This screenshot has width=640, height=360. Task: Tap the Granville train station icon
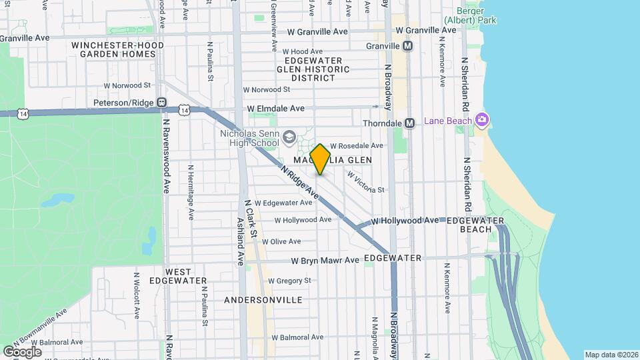[x=408, y=46]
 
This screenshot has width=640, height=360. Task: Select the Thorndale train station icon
[x=410, y=123]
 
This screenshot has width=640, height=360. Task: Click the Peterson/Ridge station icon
[x=161, y=103]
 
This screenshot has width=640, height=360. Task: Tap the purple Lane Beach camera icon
[x=483, y=120]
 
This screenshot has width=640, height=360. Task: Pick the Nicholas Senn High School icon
[x=289, y=137]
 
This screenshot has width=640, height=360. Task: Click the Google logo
[x=22, y=351]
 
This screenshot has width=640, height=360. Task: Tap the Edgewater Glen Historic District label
[x=313, y=69]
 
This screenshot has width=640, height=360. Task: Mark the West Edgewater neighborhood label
[x=178, y=277]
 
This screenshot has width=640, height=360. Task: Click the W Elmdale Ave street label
[x=275, y=108]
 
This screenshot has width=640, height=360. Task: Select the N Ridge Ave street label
[x=300, y=182]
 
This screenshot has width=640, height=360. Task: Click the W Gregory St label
[x=290, y=281]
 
